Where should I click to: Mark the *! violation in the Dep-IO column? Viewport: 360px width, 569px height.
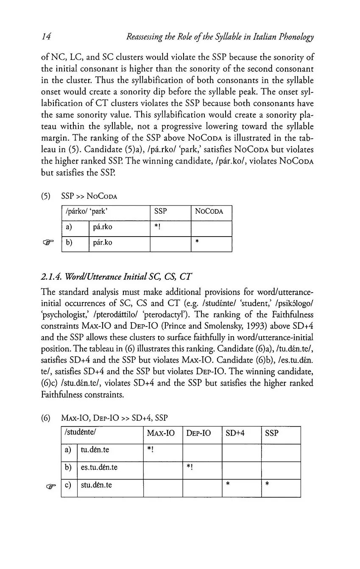point(189,469)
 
